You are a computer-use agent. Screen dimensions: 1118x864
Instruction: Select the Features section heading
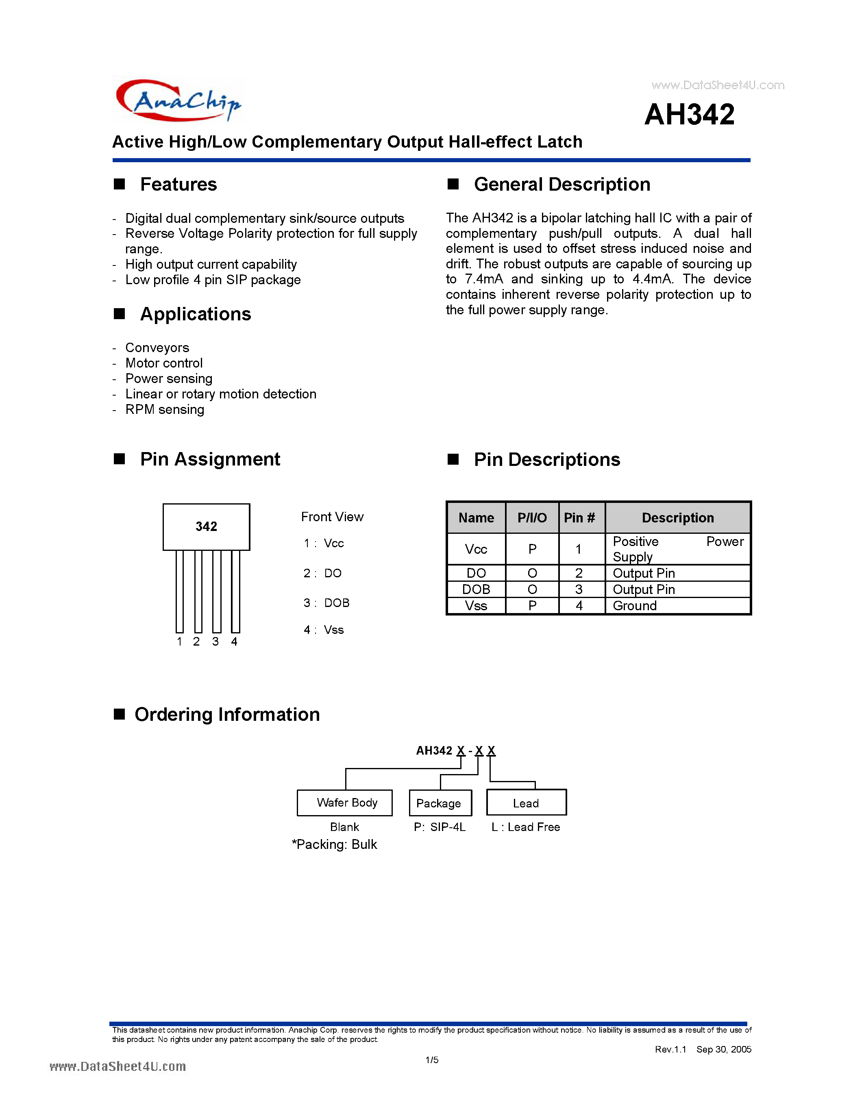(178, 184)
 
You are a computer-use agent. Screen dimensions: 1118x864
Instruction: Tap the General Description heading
(561, 184)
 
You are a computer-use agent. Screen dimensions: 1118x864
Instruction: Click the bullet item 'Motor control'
(164, 363)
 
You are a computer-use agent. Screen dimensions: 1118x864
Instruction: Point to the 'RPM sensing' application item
(164, 409)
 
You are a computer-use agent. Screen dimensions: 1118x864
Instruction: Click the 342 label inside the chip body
(206, 526)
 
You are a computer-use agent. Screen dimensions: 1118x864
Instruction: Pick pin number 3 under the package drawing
(215, 642)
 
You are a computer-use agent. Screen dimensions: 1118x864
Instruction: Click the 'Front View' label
(332, 516)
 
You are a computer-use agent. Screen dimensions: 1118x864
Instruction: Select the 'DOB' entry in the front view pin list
(336, 603)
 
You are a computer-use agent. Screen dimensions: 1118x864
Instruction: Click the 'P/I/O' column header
(532, 518)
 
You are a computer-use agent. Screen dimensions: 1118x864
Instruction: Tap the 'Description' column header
(677, 518)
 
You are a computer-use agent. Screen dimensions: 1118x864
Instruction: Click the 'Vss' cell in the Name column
(476, 606)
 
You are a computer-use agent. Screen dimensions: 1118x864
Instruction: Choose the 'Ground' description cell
(634, 606)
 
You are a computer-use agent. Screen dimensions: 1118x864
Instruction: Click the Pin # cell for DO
(579, 573)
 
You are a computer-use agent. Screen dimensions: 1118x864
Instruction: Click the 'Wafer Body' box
(344, 802)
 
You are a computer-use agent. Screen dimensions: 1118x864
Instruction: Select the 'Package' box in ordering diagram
(440, 803)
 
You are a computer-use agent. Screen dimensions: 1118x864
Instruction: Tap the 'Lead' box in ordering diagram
(526, 803)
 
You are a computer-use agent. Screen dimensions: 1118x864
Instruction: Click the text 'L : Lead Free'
(525, 827)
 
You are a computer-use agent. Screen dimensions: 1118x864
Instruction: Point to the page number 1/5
(431, 1059)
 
